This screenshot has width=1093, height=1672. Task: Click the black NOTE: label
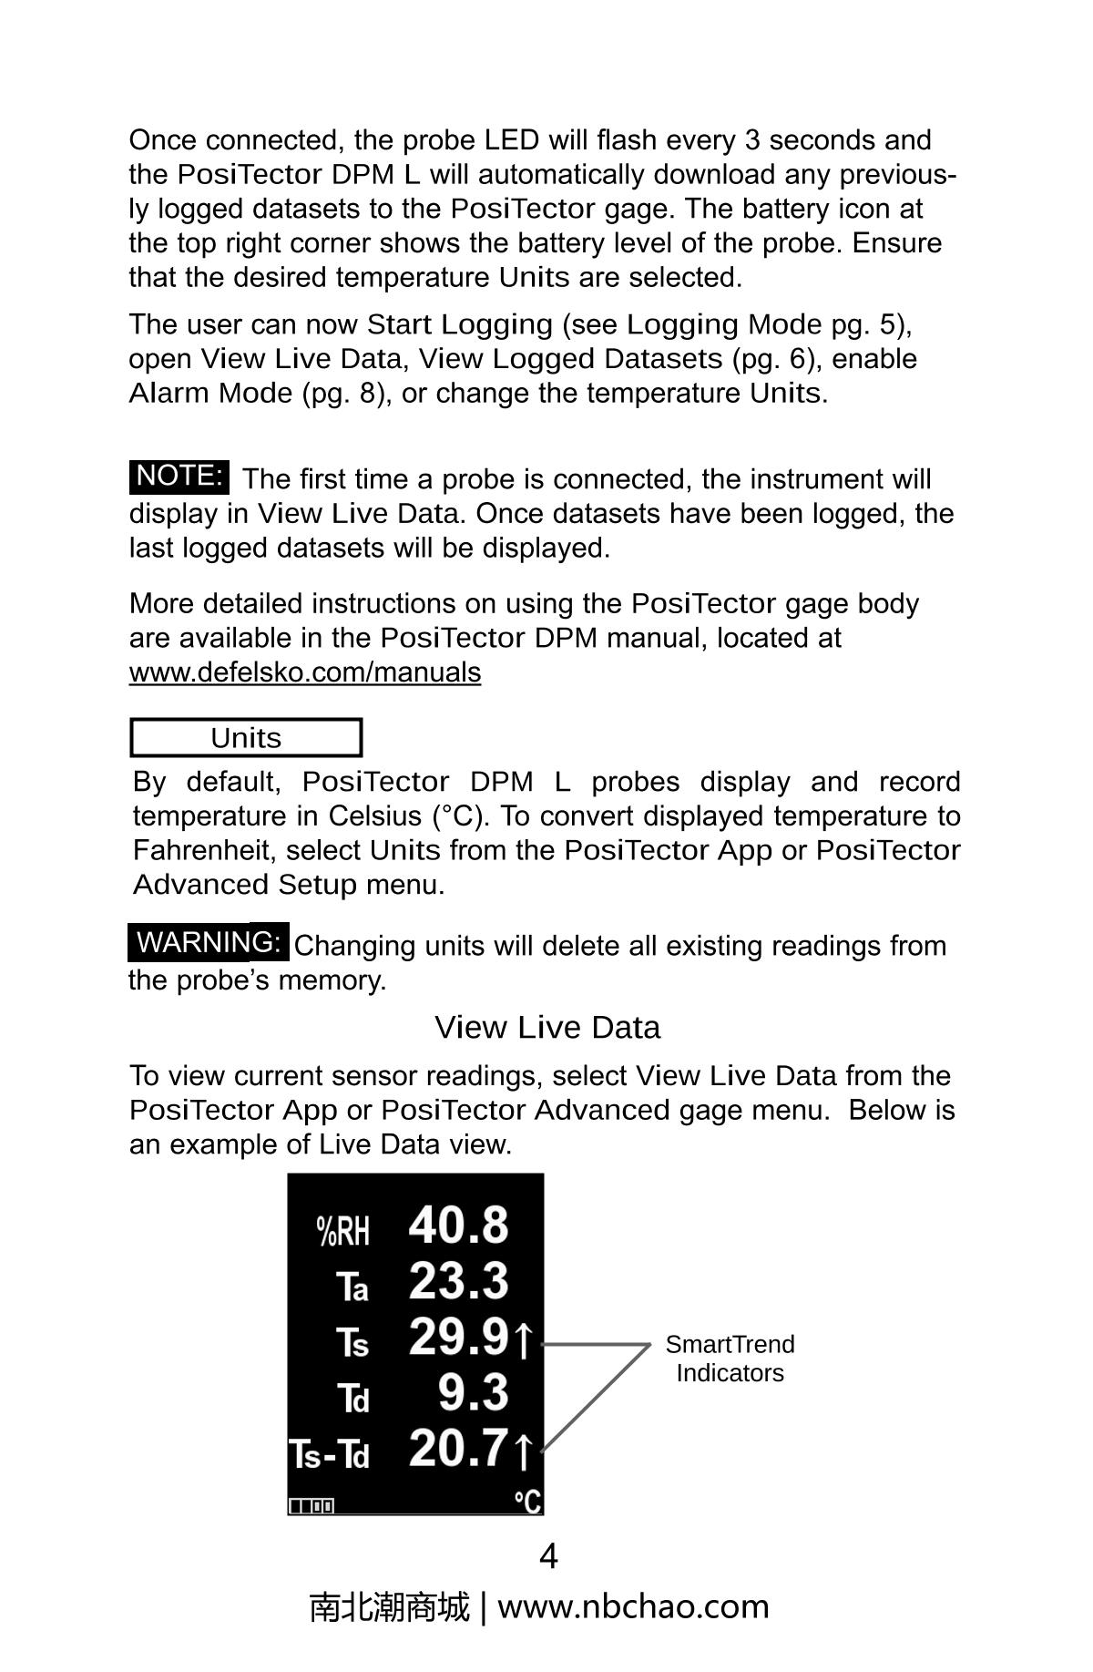pyautogui.click(x=179, y=477)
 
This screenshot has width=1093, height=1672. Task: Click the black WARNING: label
pyautogui.click(x=209, y=942)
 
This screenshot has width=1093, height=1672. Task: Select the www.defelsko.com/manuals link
pyautogui.click(x=305, y=672)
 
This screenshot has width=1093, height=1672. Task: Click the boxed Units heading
pyautogui.click(x=246, y=738)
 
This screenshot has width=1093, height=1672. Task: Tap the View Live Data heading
pyautogui.click(x=546, y=1028)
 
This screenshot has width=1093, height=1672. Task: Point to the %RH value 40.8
pyautogui.click(x=458, y=1225)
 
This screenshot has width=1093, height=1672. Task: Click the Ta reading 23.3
pyautogui.click(x=458, y=1281)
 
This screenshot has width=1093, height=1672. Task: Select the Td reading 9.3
pyautogui.click(x=473, y=1393)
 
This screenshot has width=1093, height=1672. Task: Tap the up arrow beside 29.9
pyautogui.click(x=523, y=1340)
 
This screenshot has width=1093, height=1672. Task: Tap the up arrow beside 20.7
pyautogui.click(x=523, y=1451)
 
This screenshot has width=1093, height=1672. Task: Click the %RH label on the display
pyautogui.click(x=343, y=1231)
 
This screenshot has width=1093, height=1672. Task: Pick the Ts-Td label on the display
pyautogui.click(x=330, y=1455)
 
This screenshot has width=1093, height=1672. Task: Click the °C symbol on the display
pyautogui.click(x=526, y=1501)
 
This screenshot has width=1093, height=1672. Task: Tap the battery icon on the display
pyautogui.click(x=312, y=1506)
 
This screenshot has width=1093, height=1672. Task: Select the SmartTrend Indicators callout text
pyautogui.click(x=730, y=1359)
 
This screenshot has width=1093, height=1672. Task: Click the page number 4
pyautogui.click(x=548, y=1556)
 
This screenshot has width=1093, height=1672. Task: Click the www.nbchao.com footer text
pyautogui.click(x=633, y=1606)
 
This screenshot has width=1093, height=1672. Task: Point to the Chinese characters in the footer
pyautogui.click(x=389, y=1606)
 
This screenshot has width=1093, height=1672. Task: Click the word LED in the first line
pyautogui.click(x=512, y=140)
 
